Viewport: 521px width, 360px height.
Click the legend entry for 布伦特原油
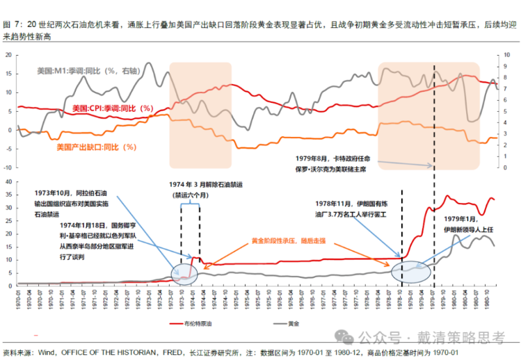[197, 324]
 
